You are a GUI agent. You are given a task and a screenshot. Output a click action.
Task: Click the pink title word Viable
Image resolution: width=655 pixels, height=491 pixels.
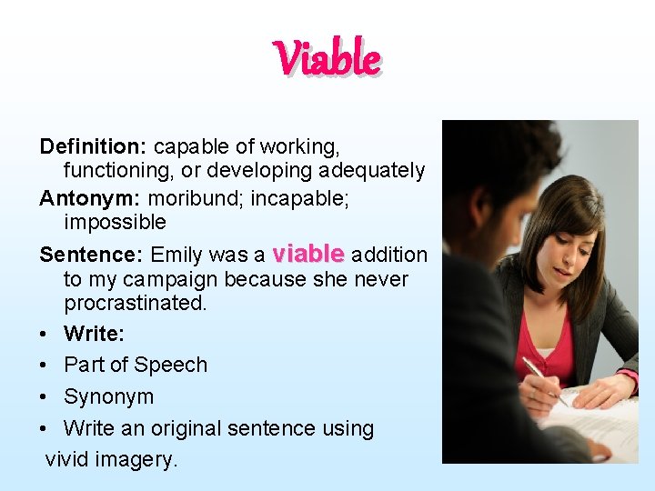327,59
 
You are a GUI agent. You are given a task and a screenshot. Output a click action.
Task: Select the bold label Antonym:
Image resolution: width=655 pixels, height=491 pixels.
90,196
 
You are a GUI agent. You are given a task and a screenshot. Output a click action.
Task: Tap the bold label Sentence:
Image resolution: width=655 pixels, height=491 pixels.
92,255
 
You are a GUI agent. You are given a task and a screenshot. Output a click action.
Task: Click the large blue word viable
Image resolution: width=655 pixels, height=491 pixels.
308,253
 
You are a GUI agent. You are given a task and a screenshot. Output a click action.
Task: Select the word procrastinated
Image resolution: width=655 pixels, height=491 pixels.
135,303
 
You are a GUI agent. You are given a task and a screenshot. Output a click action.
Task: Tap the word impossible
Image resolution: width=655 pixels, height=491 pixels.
115,222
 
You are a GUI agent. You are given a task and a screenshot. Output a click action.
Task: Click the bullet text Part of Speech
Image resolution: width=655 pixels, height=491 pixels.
136,365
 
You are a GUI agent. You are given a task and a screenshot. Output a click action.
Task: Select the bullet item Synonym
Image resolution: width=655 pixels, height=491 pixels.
108,396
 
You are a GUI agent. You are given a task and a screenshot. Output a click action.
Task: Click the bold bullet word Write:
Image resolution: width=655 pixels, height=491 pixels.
94,334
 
